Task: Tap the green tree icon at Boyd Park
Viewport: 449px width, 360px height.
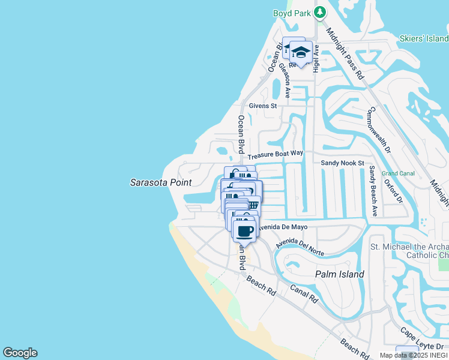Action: [x=321, y=11]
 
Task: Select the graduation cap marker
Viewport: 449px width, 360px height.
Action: [x=300, y=52]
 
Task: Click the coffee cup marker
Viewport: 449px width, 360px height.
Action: [x=244, y=231]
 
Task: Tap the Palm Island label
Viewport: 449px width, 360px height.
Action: [x=340, y=274]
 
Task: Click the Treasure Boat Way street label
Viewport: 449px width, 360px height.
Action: [x=276, y=154]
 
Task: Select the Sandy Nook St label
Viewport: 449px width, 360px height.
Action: [x=342, y=163]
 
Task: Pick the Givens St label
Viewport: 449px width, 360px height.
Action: [x=263, y=106]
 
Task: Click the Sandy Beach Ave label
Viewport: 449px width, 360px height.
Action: [x=373, y=191]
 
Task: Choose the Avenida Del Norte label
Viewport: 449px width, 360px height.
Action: [x=300, y=245]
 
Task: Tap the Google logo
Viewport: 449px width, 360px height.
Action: [x=20, y=353]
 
